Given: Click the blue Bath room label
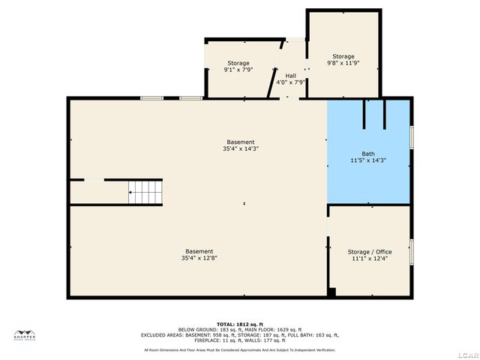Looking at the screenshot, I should tap(368, 153).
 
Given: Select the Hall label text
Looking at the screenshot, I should tap(290, 76).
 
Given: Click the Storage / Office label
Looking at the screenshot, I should tap(369, 252).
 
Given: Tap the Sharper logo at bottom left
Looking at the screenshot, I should tap(25, 334).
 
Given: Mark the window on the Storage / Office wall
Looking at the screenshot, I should tap(411, 250).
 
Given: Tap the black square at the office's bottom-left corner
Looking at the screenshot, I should tap(331, 292).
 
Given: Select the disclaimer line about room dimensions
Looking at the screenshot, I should tap(240, 349).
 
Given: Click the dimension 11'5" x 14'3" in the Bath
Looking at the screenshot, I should tap(368, 160).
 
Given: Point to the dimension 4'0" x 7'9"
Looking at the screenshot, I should tap(290, 82).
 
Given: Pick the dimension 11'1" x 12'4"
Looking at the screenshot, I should tap(369, 259).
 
